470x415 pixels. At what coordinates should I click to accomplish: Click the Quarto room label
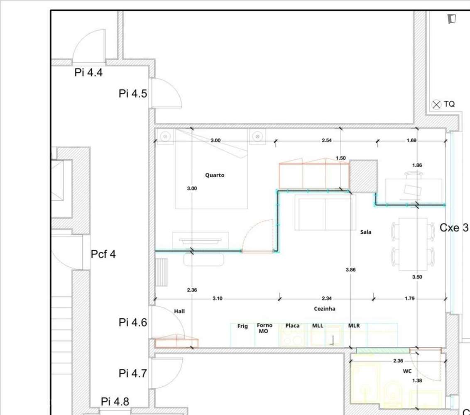pyautogui.click(x=215, y=175)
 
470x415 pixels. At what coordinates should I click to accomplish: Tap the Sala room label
pyautogui.click(x=366, y=232)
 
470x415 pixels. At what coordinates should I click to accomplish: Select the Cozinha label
pyautogui.click(x=325, y=309)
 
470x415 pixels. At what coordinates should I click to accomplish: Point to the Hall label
pyautogui.click(x=179, y=311)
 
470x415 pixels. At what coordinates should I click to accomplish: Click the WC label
pyautogui.click(x=407, y=371)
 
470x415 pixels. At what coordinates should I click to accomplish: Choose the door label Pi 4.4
pyautogui.click(x=88, y=73)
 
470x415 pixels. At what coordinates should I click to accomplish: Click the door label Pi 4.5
pyautogui.click(x=133, y=94)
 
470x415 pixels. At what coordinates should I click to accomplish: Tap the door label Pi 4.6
pyautogui.click(x=133, y=322)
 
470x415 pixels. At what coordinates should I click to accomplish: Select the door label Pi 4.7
pyautogui.click(x=133, y=373)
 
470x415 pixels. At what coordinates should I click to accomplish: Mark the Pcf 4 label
pyautogui.click(x=103, y=254)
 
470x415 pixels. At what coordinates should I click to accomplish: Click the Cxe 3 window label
pyautogui.click(x=454, y=227)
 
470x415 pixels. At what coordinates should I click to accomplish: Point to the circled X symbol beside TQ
pyautogui.click(x=436, y=105)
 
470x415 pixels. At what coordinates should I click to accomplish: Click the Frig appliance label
pyautogui.click(x=242, y=326)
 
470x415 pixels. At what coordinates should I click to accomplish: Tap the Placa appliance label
pyautogui.click(x=292, y=326)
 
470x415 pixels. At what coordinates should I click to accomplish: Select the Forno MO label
pyautogui.click(x=264, y=328)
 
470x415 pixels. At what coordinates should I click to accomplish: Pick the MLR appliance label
pyautogui.click(x=354, y=326)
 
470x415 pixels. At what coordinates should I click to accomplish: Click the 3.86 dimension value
pyautogui.click(x=351, y=270)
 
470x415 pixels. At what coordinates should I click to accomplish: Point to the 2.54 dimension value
pyautogui.click(x=326, y=141)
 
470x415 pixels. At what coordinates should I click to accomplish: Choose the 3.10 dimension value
pyautogui.click(x=217, y=298)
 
